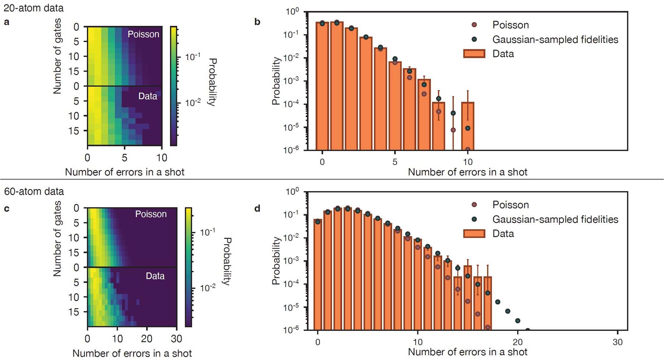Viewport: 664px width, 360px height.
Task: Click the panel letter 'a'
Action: click(x=7, y=22)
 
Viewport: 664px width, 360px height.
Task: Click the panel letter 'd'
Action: click(x=257, y=208)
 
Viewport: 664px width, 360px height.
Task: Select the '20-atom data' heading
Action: click(x=33, y=8)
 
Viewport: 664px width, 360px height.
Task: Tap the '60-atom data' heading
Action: click(x=34, y=191)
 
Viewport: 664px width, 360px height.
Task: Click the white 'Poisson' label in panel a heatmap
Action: click(x=143, y=34)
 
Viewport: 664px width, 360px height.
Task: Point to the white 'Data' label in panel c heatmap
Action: click(x=155, y=276)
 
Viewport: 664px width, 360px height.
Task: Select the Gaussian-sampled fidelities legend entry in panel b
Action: click(x=555, y=39)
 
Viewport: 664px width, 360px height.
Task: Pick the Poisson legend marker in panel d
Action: click(x=474, y=205)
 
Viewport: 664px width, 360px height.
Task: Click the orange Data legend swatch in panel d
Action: click(x=474, y=233)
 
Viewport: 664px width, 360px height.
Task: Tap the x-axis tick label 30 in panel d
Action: click(x=617, y=342)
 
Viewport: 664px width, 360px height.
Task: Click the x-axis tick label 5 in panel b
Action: click(x=395, y=162)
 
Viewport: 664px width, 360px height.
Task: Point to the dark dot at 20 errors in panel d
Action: click(x=517, y=321)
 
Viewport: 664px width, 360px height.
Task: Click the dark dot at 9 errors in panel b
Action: click(x=453, y=113)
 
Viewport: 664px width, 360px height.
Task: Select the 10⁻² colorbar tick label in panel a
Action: click(x=192, y=102)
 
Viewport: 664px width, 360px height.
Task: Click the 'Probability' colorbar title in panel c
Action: click(x=227, y=261)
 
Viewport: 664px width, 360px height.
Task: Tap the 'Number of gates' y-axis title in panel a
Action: click(x=57, y=56)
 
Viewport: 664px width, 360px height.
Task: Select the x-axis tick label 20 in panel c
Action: click(x=147, y=339)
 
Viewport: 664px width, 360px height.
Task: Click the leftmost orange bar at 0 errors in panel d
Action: click(x=318, y=275)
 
